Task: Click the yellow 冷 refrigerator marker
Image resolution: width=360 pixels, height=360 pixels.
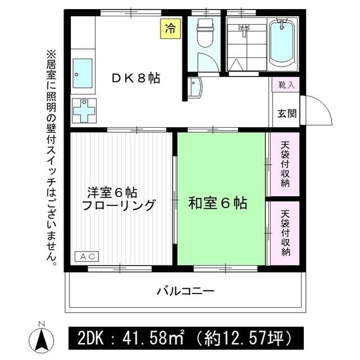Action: tap(169, 28)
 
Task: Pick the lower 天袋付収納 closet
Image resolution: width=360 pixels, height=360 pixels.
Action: tap(286, 232)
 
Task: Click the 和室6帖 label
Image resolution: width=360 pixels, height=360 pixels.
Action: tap(218, 203)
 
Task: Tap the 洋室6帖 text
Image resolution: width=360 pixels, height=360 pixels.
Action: tap(112, 191)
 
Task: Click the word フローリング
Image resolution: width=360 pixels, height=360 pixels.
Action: tap(118, 205)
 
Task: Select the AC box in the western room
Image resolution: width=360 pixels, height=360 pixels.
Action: tap(87, 256)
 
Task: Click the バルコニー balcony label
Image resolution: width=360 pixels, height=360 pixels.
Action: tap(186, 291)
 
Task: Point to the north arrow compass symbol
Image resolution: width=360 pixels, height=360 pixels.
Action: tap(40, 337)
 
